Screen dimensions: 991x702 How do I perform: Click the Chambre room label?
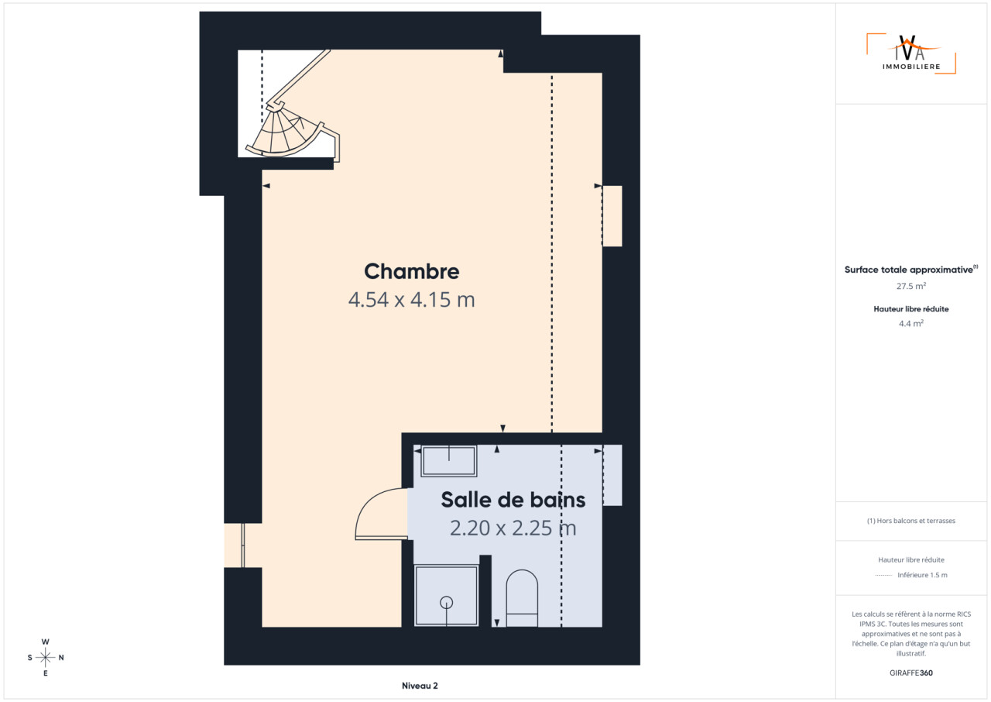[411, 271]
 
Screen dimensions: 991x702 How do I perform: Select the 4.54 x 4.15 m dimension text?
[411, 300]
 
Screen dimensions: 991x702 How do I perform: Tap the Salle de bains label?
[513, 500]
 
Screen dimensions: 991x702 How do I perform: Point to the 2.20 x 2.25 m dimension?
[513, 528]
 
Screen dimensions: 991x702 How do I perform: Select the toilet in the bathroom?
[522, 598]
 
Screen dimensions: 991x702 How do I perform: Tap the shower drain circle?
[447, 602]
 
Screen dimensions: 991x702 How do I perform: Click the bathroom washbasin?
[448, 461]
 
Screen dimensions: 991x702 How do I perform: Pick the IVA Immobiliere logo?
[911, 53]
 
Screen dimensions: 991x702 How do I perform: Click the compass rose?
[45, 657]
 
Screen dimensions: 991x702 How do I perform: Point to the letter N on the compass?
[61, 657]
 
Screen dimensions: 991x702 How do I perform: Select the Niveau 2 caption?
[420, 686]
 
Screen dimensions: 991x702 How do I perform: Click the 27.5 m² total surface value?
[911, 286]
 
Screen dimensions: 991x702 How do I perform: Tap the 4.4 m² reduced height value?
[911, 323]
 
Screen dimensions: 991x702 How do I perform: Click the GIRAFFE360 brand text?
[911, 673]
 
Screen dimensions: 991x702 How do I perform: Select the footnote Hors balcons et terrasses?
[911, 521]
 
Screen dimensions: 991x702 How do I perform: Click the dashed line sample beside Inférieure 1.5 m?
[883, 575]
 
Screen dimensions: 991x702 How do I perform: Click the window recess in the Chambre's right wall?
[612, 216]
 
